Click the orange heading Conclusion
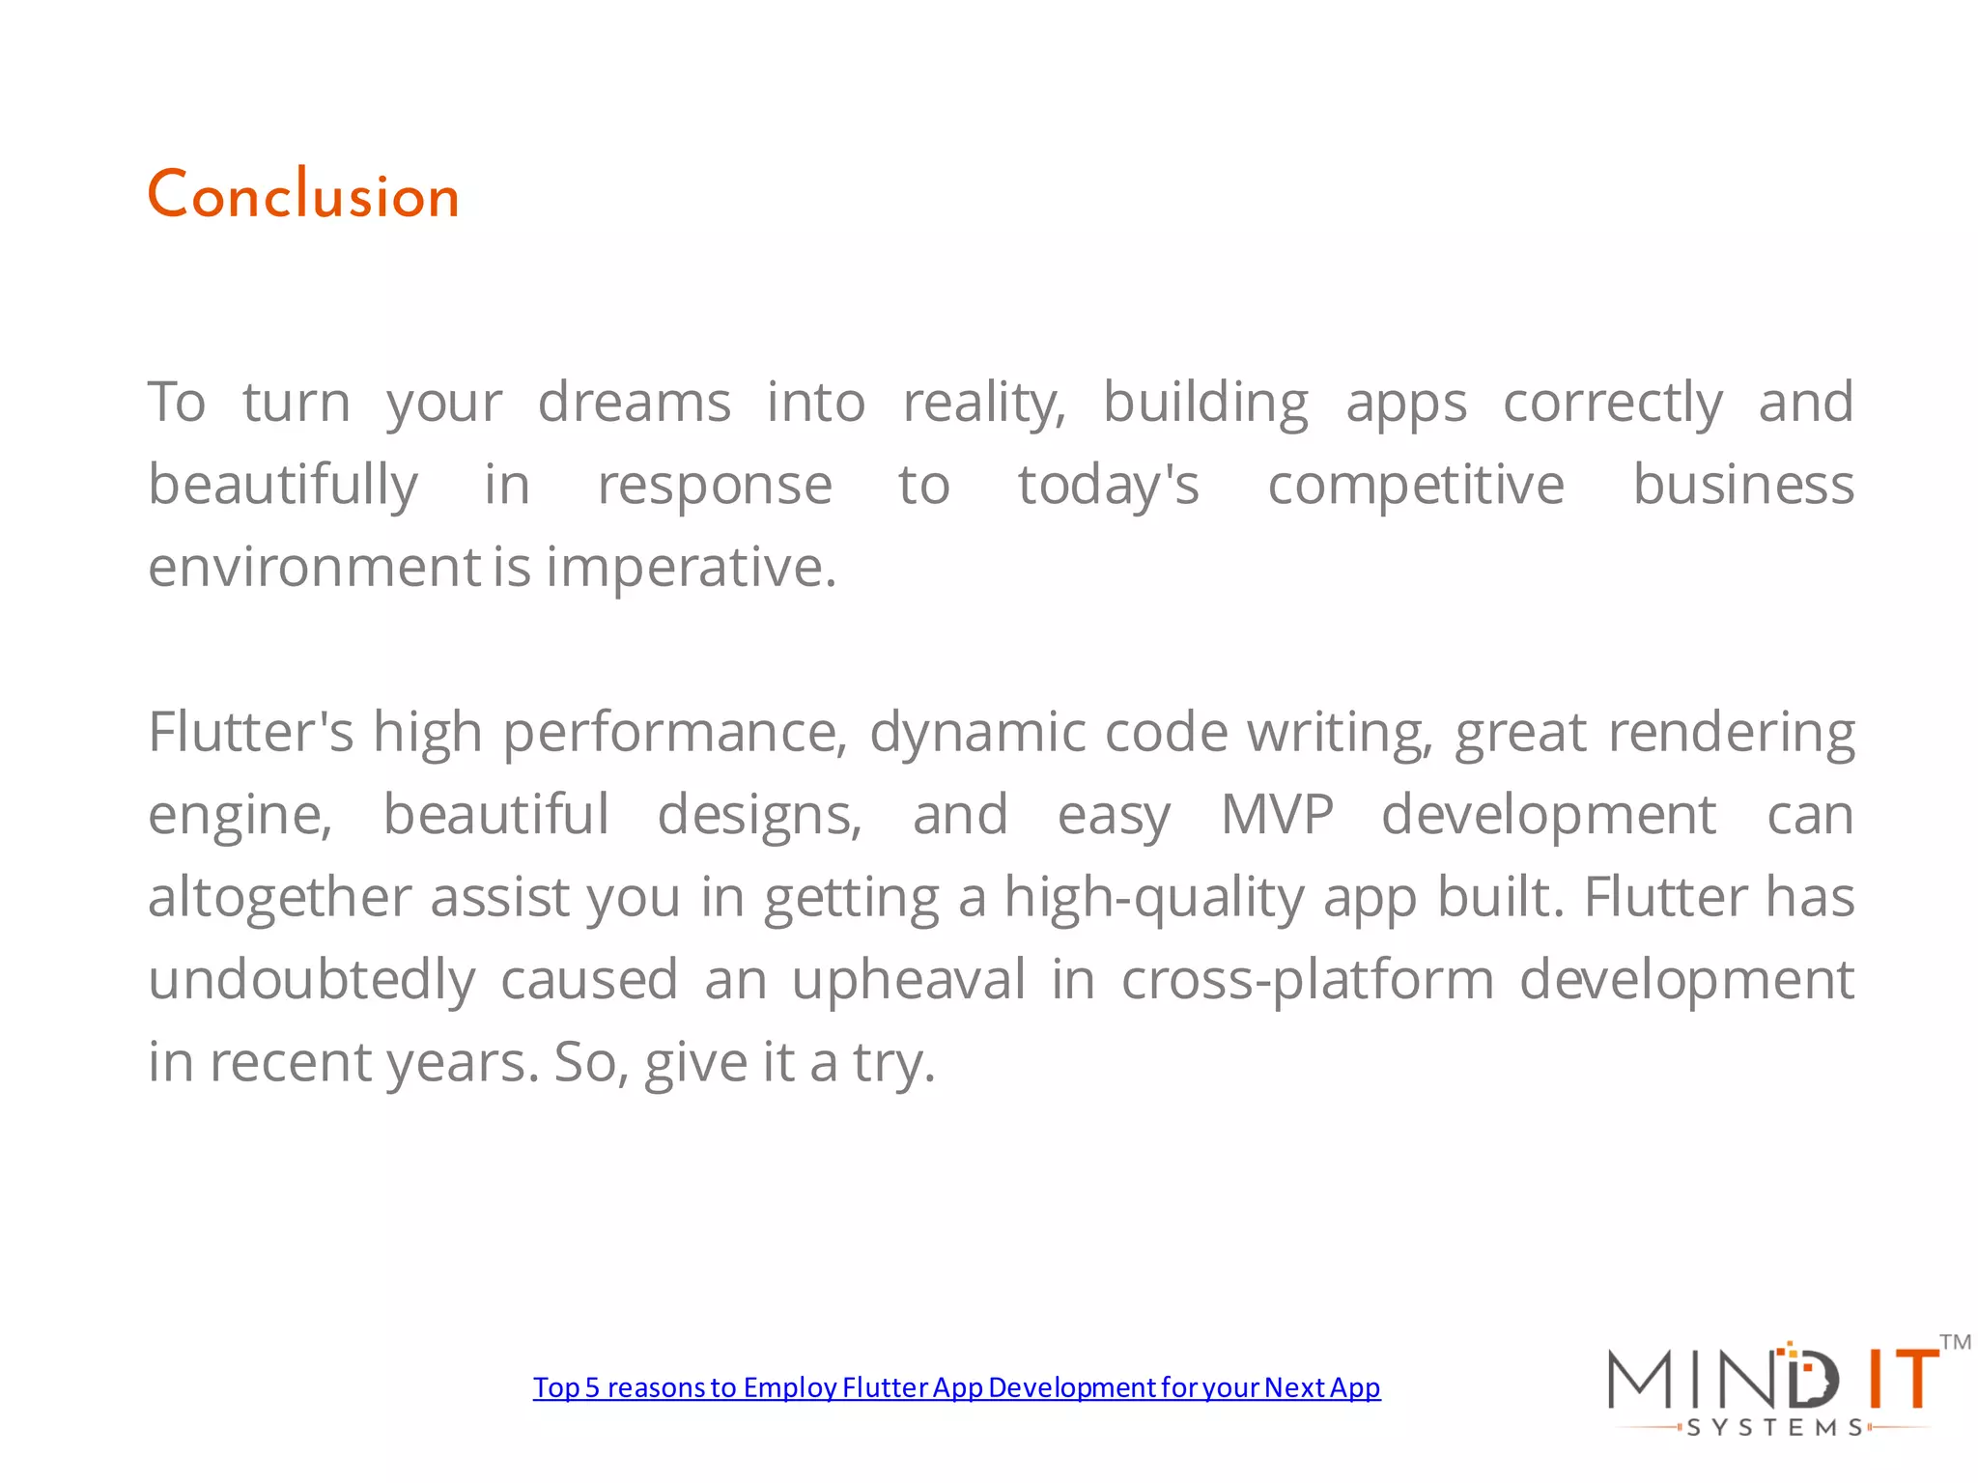tap(303, 195)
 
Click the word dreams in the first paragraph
tap(634, 403)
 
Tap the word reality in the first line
tap(983, 403)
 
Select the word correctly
tap(1612, 403)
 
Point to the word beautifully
tap(283, 485)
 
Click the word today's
tap(1108, 485)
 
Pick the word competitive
tap(1415, 485)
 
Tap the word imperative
tap(691, 567)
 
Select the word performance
tap(674, 732)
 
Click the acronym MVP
tap(1277, 815)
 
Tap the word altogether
tap(279, 897)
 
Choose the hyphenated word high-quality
tap(1154, 897)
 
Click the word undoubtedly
tap(311, 980)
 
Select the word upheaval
tap(908, 980)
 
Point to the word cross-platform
tap(1308, 980)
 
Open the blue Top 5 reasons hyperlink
tap(956, 1387)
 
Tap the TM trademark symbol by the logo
tap(1955, 1342)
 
